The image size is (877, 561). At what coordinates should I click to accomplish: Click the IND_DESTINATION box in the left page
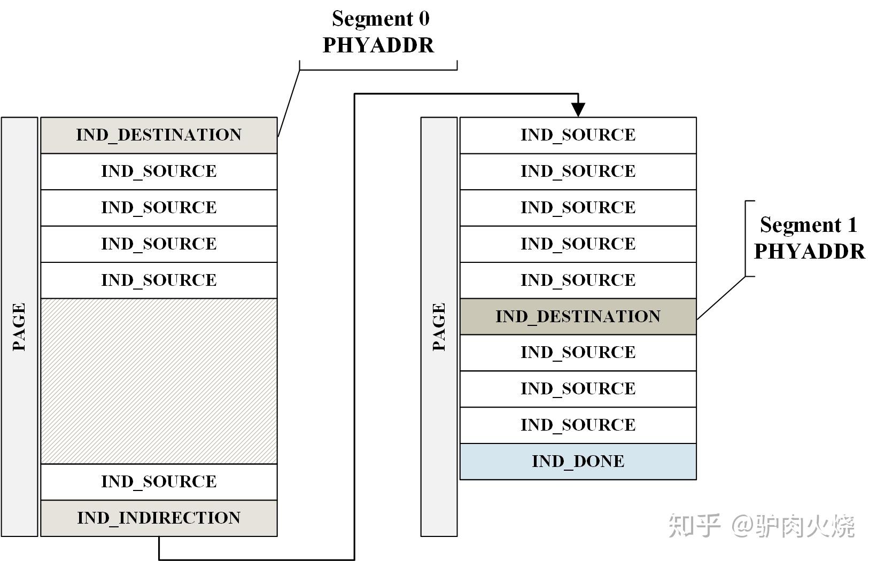pyautogui.click(x=159, y=135)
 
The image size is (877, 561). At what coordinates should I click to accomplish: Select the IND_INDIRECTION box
pyautogui.click(x=159, y=518)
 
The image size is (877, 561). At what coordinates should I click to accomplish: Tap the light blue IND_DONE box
pyautogui.click(x=578, y=462)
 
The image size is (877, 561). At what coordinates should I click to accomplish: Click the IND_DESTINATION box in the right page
pyautogui.click(x=578, y=316)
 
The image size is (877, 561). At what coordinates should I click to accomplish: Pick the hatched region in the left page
pyautogui.click(x=159, y=381)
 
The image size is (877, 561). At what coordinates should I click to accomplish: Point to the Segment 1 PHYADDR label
pyautogui.click(x=809, y=238)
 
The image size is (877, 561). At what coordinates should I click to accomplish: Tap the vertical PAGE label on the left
pyautogui.click(x=19, y=326)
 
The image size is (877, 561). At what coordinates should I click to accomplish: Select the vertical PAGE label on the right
pyautogui.click(x=439, y=326)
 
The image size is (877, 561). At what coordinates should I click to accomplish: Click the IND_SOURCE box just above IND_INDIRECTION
pyautogui.click(x=159, y=481)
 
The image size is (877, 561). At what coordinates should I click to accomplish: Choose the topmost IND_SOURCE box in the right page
pyautogui.click(x=578, y=135)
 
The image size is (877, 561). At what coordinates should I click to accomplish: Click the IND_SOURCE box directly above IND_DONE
pyautogui.click(x=578, y=425)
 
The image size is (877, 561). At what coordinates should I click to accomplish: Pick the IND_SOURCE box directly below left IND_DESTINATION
pyautogui.click(x=159, y=172)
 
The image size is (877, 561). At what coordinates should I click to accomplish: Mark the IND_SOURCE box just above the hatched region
pyautogui.click(x=159, y=280)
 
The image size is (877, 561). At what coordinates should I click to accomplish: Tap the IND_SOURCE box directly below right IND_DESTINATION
pyautogui.click(x=578, y=353)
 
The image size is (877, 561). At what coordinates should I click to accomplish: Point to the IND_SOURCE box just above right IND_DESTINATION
pyautogui.click(x=578, y=280)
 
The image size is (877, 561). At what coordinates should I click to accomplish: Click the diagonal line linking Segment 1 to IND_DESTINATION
pyautogui.click(x=721, y=298)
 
